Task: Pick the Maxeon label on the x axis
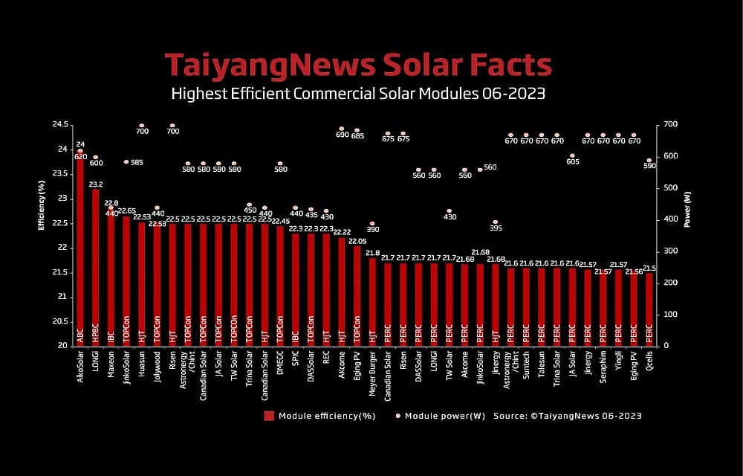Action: coord(111,364)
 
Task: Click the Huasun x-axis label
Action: coord(141,364)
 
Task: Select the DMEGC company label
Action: coord(279,364)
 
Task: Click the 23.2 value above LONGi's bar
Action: coord(96,184)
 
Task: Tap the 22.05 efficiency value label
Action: coord(357,241)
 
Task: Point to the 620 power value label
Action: coord(80,157)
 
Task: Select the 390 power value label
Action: coord(372,230)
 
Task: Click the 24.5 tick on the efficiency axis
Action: coord(60,124)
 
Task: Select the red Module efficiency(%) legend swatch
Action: coord(269,415)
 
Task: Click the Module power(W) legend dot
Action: coord(398,415)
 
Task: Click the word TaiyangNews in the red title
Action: coord(270,65)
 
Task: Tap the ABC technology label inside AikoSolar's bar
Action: coord(80,336)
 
